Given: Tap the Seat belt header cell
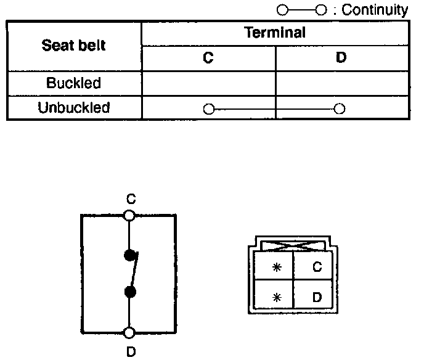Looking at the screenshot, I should pyautogui.click(x=74, y=45).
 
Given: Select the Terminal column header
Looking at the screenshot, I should pyautogui.click(x=275, y=33).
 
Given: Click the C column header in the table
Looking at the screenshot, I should pyautogui.click(x=208, y=58).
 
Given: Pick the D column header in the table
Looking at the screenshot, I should pyautogui.click(x=341, y=58).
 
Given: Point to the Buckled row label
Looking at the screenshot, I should pyautogui.click(x=74, y=83).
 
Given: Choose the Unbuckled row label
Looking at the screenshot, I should pyautogui.click(x=74, y=108).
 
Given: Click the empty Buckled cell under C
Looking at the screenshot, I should pyautogui.click(x=208, y=83).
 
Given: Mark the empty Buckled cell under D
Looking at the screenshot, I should pyautogui.click(x=341, y=83).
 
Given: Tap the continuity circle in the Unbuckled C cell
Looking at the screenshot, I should pyautogui.click(x=208, y=109).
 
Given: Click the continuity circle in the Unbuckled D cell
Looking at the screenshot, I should pyautogui.click(x=338, y=109).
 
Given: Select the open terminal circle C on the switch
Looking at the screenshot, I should pyautogui.click(x=129, y=215).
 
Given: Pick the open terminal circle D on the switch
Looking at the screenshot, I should pyautogui.click(x=129, y=333).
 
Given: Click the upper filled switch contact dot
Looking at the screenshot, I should pyautogui.click(x=129, y=255).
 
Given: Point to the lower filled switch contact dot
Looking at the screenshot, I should pyautogui.click(x=129, y=292).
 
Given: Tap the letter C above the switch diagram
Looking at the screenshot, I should pyautogui.click(x=129, y=199).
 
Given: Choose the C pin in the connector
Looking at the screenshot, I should pyautogui.click(x=316, y=267).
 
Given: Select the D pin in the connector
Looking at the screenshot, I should pyautogui.click(x=316, y=297).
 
